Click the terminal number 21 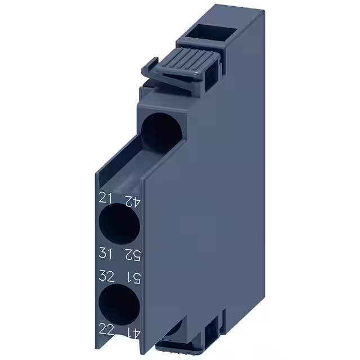click(106, 198)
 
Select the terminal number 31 click(107, 254)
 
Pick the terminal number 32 click(107, 276)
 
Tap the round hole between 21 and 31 click(119, 226)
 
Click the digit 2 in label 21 click(103, 198)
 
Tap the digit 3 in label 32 click(103, 276)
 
